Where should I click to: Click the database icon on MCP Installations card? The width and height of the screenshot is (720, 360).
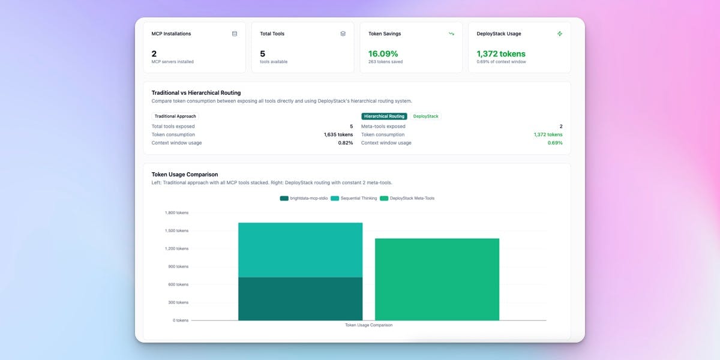click(x=235, y=34)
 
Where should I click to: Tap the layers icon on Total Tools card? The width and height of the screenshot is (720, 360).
click(x=343, y=34)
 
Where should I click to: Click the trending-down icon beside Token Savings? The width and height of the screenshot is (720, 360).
click(x=451, y=34)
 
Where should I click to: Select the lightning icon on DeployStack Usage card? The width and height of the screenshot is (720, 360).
click(x=560, y=34)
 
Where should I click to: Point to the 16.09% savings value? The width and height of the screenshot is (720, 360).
click(x=383, y=53)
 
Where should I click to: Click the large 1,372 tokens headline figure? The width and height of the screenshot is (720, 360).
click(x=501, y=53)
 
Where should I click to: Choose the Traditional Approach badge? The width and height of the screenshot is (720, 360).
click(x=175, y=116)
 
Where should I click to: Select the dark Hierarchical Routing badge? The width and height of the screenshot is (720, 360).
click(x=384, y=116)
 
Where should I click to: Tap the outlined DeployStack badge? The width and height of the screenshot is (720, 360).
click(x=426, y=116)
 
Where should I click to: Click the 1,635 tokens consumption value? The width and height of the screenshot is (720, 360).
click(x=338, y=134)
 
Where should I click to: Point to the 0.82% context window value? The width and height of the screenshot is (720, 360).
click(x=345, y=143)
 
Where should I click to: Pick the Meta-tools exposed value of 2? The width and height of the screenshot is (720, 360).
click(x=561, y=127)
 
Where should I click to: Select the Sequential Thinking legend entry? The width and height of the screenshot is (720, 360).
click(x=355, y=198)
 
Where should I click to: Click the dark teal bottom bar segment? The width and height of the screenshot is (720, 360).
click(x=300, y=299)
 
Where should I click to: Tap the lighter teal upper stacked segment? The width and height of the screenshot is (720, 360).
click(x=300, y=250)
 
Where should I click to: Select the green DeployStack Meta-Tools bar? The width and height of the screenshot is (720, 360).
click(x=437, y=279)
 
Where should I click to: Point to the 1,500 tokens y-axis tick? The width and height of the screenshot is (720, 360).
click(x=176, y=230)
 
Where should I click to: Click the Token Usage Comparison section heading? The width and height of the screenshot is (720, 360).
click(x=185, y=175)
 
